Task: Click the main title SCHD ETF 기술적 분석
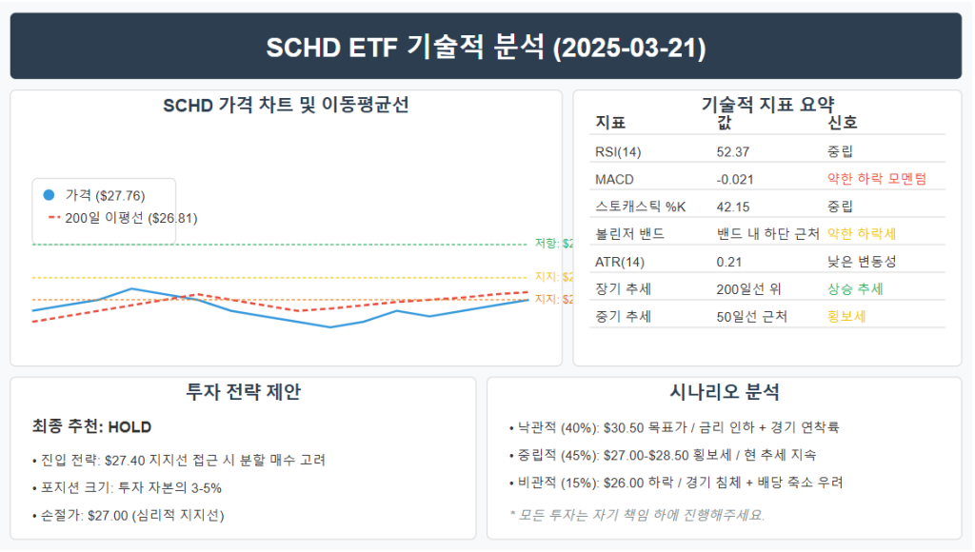(x=486, y=47)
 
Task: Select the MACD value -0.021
(x=733, y=178)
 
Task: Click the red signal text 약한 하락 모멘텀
(x=876, y=178)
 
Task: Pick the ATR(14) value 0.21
(x=728, y=261)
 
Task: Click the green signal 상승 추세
(x=855, y=288)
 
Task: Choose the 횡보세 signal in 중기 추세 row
(x=847, y=316)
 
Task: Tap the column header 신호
(x=842, y=123)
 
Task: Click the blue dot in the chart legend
(x=49, y=195)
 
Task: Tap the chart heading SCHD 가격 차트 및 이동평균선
(x=286, y=105)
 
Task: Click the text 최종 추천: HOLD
(x=91, y=426)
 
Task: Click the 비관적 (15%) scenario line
(x=676, y=483)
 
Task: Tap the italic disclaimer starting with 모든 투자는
(x=638, y=515)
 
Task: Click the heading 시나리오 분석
(x=725, y=391)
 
